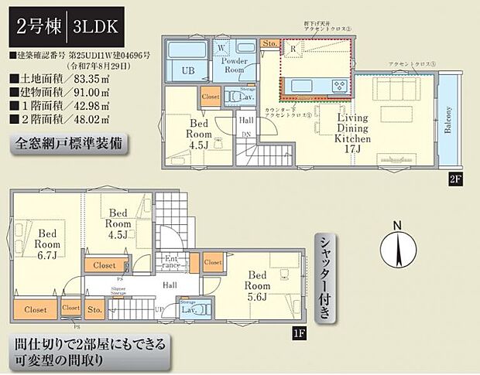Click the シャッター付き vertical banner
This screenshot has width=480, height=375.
(x=326, y=277)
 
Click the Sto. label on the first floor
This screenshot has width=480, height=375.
(x=94, y=310)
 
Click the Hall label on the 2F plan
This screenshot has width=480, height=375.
(x=245, y=121)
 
